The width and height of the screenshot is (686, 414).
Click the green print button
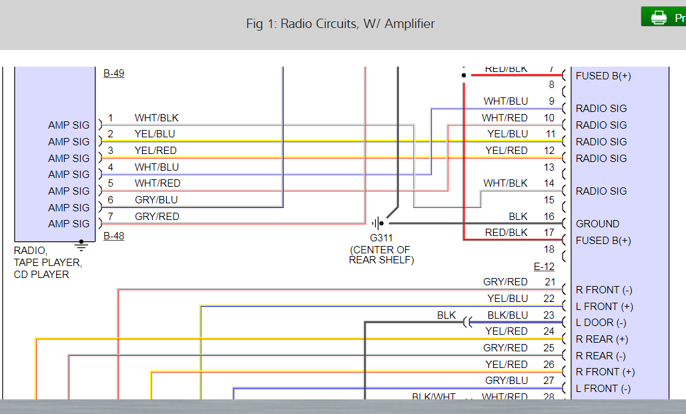pos(663,17)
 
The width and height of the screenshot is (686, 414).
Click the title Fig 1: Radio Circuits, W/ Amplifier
pos(340,24)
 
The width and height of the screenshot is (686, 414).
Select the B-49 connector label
pos(113,73)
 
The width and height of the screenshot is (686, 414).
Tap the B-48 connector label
pos(113,236)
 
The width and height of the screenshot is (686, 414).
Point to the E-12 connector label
pos(544,267)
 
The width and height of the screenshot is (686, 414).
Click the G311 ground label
pos(381,238)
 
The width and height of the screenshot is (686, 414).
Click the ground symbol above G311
pos(378,223)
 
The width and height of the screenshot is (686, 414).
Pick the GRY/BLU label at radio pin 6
pos(157,200)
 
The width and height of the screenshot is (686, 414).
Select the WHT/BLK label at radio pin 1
pos(157,118)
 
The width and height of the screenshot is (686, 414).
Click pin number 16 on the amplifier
pos(549,217)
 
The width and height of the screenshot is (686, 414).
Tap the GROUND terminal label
pos(597,224)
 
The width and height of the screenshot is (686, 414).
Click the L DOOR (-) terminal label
pos(601,323)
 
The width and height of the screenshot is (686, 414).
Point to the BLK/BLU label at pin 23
pos(507,315)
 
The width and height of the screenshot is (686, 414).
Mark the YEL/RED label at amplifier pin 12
pos(507,151)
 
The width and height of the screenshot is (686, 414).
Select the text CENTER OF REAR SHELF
pos(381,255)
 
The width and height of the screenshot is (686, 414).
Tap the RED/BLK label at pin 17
pos(507,233)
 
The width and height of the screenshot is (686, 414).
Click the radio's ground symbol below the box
pos(81,245)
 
